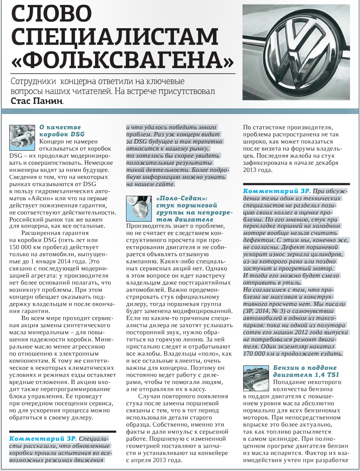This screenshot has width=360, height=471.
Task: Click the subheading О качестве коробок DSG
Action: pyautogui.click(x=60, y=131)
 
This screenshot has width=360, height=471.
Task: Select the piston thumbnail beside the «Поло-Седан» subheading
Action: pyautogui.click(x=138, y=207)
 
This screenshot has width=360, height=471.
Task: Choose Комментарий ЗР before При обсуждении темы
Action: pyautogui.click(x=277, y=191)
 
